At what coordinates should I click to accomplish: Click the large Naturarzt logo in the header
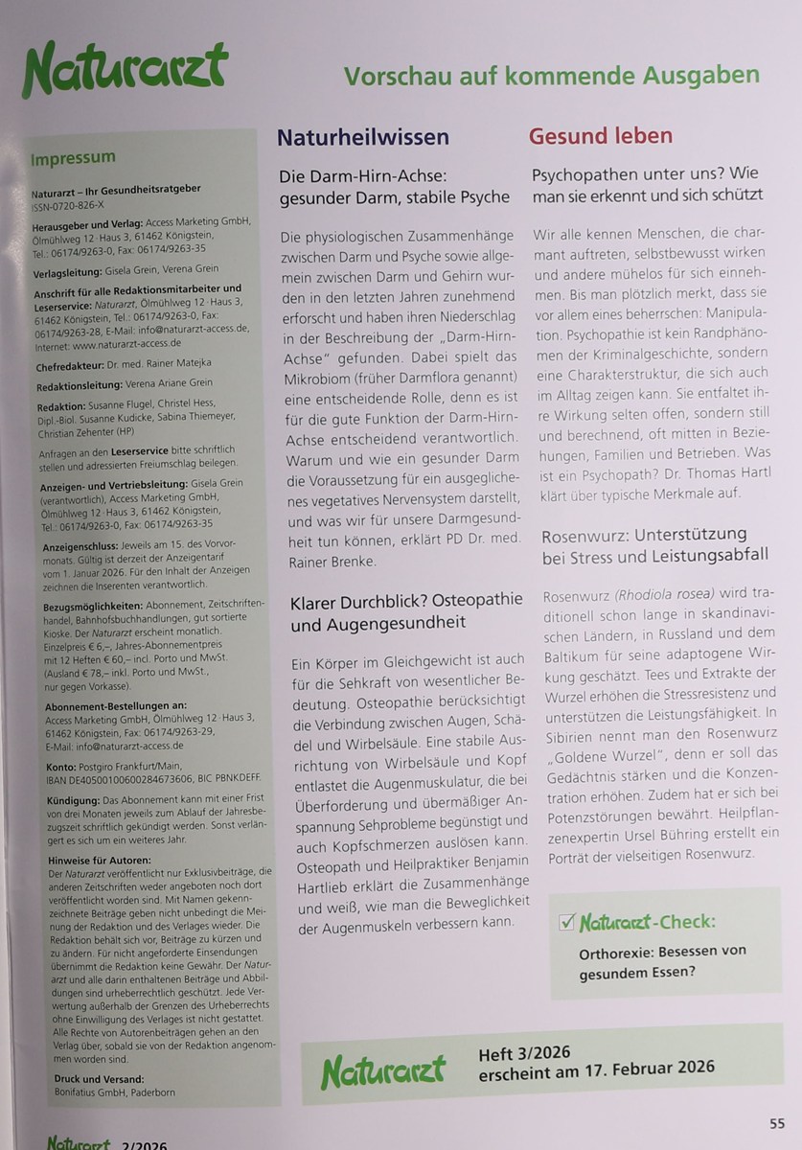point(125,70)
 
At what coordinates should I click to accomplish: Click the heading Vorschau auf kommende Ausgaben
point(551,75)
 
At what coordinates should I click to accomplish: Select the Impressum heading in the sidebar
point(73,157)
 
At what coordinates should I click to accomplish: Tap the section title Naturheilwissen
point(363,137)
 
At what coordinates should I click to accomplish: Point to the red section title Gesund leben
point(601,135)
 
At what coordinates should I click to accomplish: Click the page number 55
point(777,1123)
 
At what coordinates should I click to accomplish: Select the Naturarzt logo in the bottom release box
point(382,1071)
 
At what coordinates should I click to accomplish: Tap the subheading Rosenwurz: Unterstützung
point(644,535)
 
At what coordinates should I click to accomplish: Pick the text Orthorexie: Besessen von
point(661,952)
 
